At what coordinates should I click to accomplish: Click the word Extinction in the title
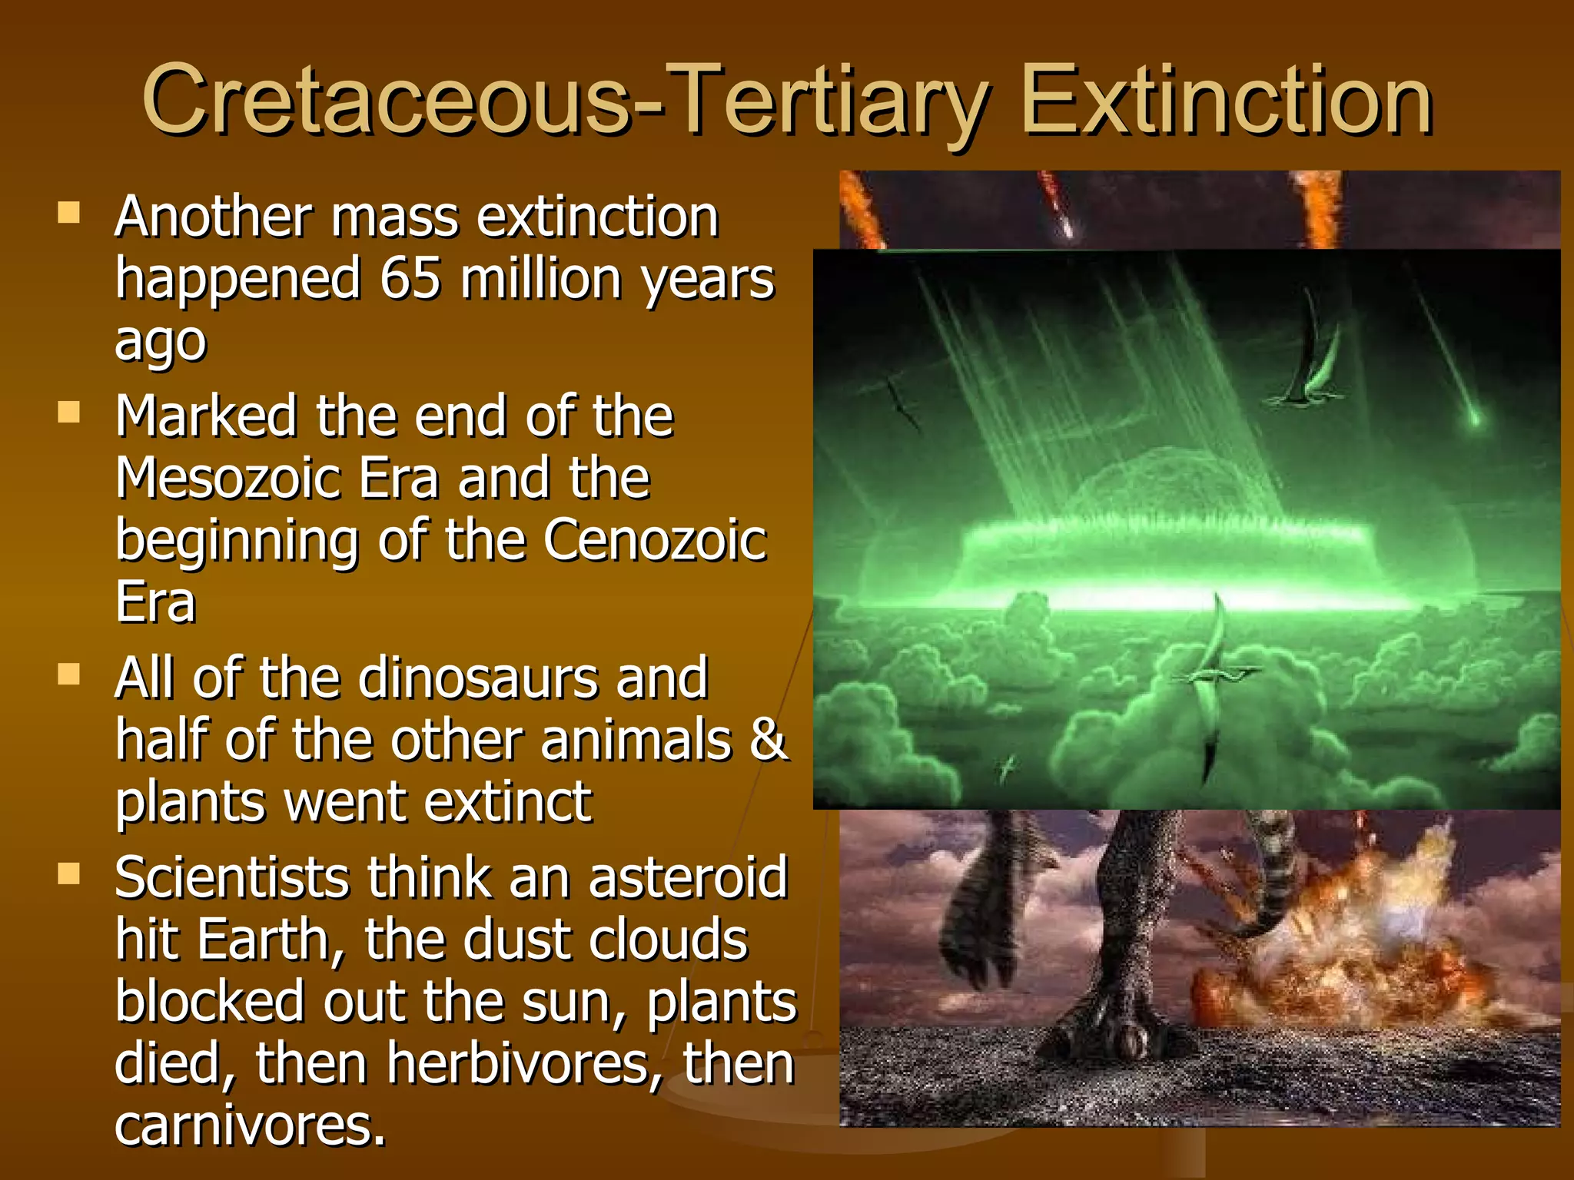1227,101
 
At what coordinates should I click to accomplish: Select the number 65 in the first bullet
410,278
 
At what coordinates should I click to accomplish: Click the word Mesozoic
227,478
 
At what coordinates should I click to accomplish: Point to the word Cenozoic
655,540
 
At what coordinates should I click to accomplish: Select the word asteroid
688,877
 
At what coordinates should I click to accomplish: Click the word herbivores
524,1064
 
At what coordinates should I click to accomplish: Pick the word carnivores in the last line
249,1126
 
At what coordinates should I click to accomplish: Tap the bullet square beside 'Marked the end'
69,413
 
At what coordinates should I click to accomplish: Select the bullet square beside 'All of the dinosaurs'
69,675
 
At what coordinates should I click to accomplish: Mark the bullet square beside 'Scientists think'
69,874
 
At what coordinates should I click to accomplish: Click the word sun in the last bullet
571,1002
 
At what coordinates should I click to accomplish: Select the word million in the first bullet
541,278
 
